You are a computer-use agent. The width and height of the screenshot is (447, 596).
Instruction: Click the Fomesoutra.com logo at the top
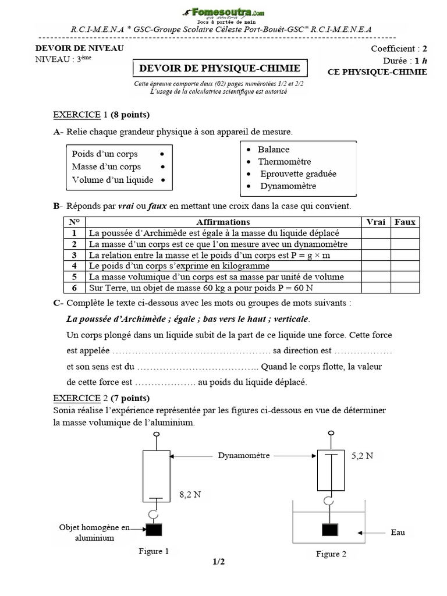pyautogui.click(x=223, y=13)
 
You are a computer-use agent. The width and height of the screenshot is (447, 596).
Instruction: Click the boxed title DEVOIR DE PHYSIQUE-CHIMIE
pyautogui.click(x=219, y=69)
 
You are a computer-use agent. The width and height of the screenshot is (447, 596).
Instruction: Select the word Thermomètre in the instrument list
pyautogui.click(x=285, y=162)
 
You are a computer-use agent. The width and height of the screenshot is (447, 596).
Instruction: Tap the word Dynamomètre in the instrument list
pyautogui.click(x=288, y=186)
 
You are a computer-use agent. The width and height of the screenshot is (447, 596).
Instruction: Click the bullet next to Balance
pyautogui.click(x=249, y=150)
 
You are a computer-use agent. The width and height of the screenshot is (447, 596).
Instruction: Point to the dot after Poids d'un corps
pyautogui.click(x=161, y=154)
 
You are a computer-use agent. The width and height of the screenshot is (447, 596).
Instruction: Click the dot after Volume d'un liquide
pyautogui.click(x=164, y=180)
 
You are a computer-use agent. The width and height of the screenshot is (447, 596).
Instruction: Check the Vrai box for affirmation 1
pyautogui.click(x=375, y=233)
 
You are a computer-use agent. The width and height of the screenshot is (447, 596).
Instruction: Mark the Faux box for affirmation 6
pyautogui.click(x=405, y=288)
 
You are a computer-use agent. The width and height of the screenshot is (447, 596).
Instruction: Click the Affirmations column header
pyautogui.click(x=223, y=222)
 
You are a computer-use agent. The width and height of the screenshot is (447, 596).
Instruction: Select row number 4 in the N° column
pyautogui.click(x=74, y=266)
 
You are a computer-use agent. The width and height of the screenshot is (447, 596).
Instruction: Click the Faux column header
pyautogui.click(x=405, y=222)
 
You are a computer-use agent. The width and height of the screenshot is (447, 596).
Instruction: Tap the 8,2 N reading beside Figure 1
pyautogui.click(x=190, y=495)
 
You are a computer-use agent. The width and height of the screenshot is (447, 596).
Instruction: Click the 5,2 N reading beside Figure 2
pyautogui.click(x=362, y=457)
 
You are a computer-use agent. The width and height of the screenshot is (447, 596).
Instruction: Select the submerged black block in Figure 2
pyautogui.click(x=330, y=530)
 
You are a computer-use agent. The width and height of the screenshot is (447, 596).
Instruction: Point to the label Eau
pyautogui.click(x=398, y=533)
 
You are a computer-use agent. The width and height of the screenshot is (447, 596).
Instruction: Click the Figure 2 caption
pyautogui.click(x=331, y=554)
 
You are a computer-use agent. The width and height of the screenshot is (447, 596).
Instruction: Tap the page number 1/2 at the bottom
pyautogui.click(x=219, y=562)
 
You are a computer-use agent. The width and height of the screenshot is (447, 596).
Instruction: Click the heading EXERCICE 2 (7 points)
pyautogui.click(x=101, y=398)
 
